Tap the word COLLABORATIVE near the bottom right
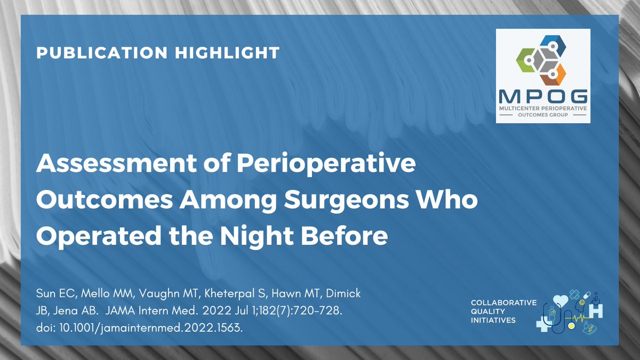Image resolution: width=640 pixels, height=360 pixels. click(503, 303)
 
